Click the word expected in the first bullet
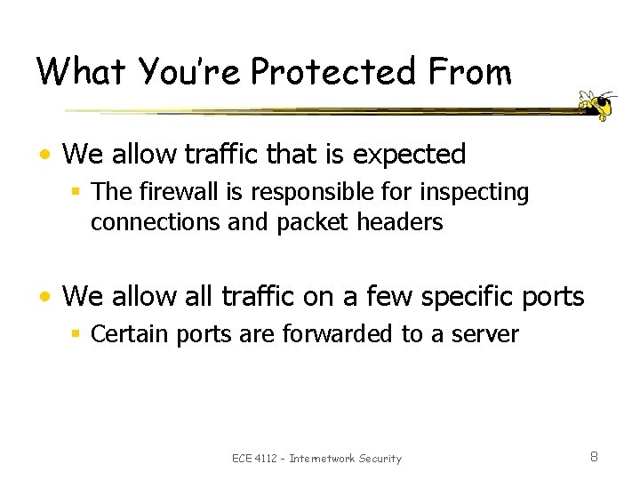[409, 154]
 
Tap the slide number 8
[594, 457]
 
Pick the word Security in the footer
[380, 459]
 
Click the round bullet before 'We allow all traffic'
[51, 296]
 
